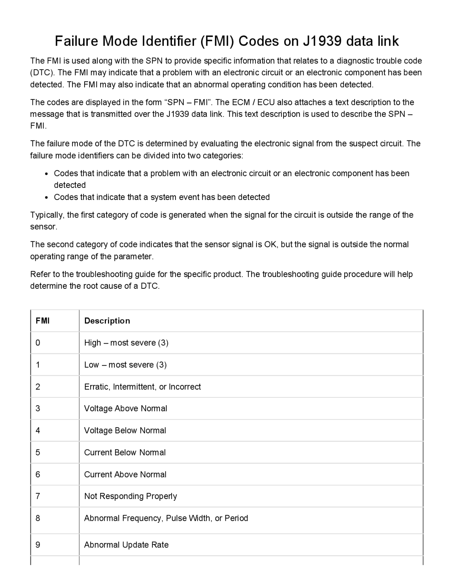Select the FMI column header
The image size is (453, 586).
point(42,321)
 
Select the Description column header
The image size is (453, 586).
point(107,321)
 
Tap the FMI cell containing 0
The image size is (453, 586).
point(38,343)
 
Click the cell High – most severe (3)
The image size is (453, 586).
point(126,343)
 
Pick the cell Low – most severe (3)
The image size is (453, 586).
point(125,364)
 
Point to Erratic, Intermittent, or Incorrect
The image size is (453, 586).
point(142,386)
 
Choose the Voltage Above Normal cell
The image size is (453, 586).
point(125,408)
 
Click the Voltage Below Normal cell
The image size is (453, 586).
point(125,430)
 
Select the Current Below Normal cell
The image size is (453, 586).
point(125,452)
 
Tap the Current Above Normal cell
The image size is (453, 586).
point(125,474)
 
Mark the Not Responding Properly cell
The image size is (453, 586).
point(130,496)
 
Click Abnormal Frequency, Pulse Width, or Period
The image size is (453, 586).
point(166,518)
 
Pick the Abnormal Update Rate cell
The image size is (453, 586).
point(126,545)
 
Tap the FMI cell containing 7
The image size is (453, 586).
point(38,496)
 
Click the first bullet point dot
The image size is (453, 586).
point(47,174)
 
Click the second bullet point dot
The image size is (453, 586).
point(47,197)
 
